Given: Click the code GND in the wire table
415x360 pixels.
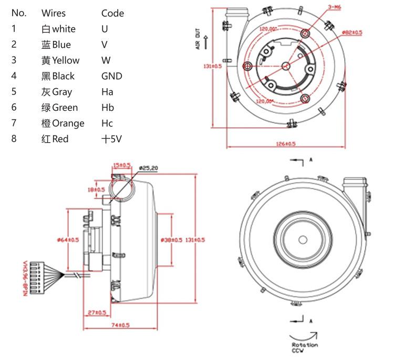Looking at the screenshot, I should [111, 76].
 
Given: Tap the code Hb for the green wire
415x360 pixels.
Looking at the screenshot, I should [108, 108].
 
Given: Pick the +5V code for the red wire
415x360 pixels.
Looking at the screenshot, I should [112, 139].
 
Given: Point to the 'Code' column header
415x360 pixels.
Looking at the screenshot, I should [112, 13].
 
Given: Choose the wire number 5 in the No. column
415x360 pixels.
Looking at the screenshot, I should [14, 92].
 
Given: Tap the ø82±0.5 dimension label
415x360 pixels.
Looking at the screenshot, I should [352, 33].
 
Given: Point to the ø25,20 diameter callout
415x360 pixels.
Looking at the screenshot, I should [149, 168].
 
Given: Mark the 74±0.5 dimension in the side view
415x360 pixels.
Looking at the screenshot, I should [120, 325].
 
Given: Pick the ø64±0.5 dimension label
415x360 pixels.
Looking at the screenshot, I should [68, 240].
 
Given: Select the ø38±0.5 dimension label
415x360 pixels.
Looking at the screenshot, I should [171, 240].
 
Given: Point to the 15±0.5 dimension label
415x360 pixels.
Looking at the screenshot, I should [122, 165].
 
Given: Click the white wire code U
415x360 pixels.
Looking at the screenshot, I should [105, 29].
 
